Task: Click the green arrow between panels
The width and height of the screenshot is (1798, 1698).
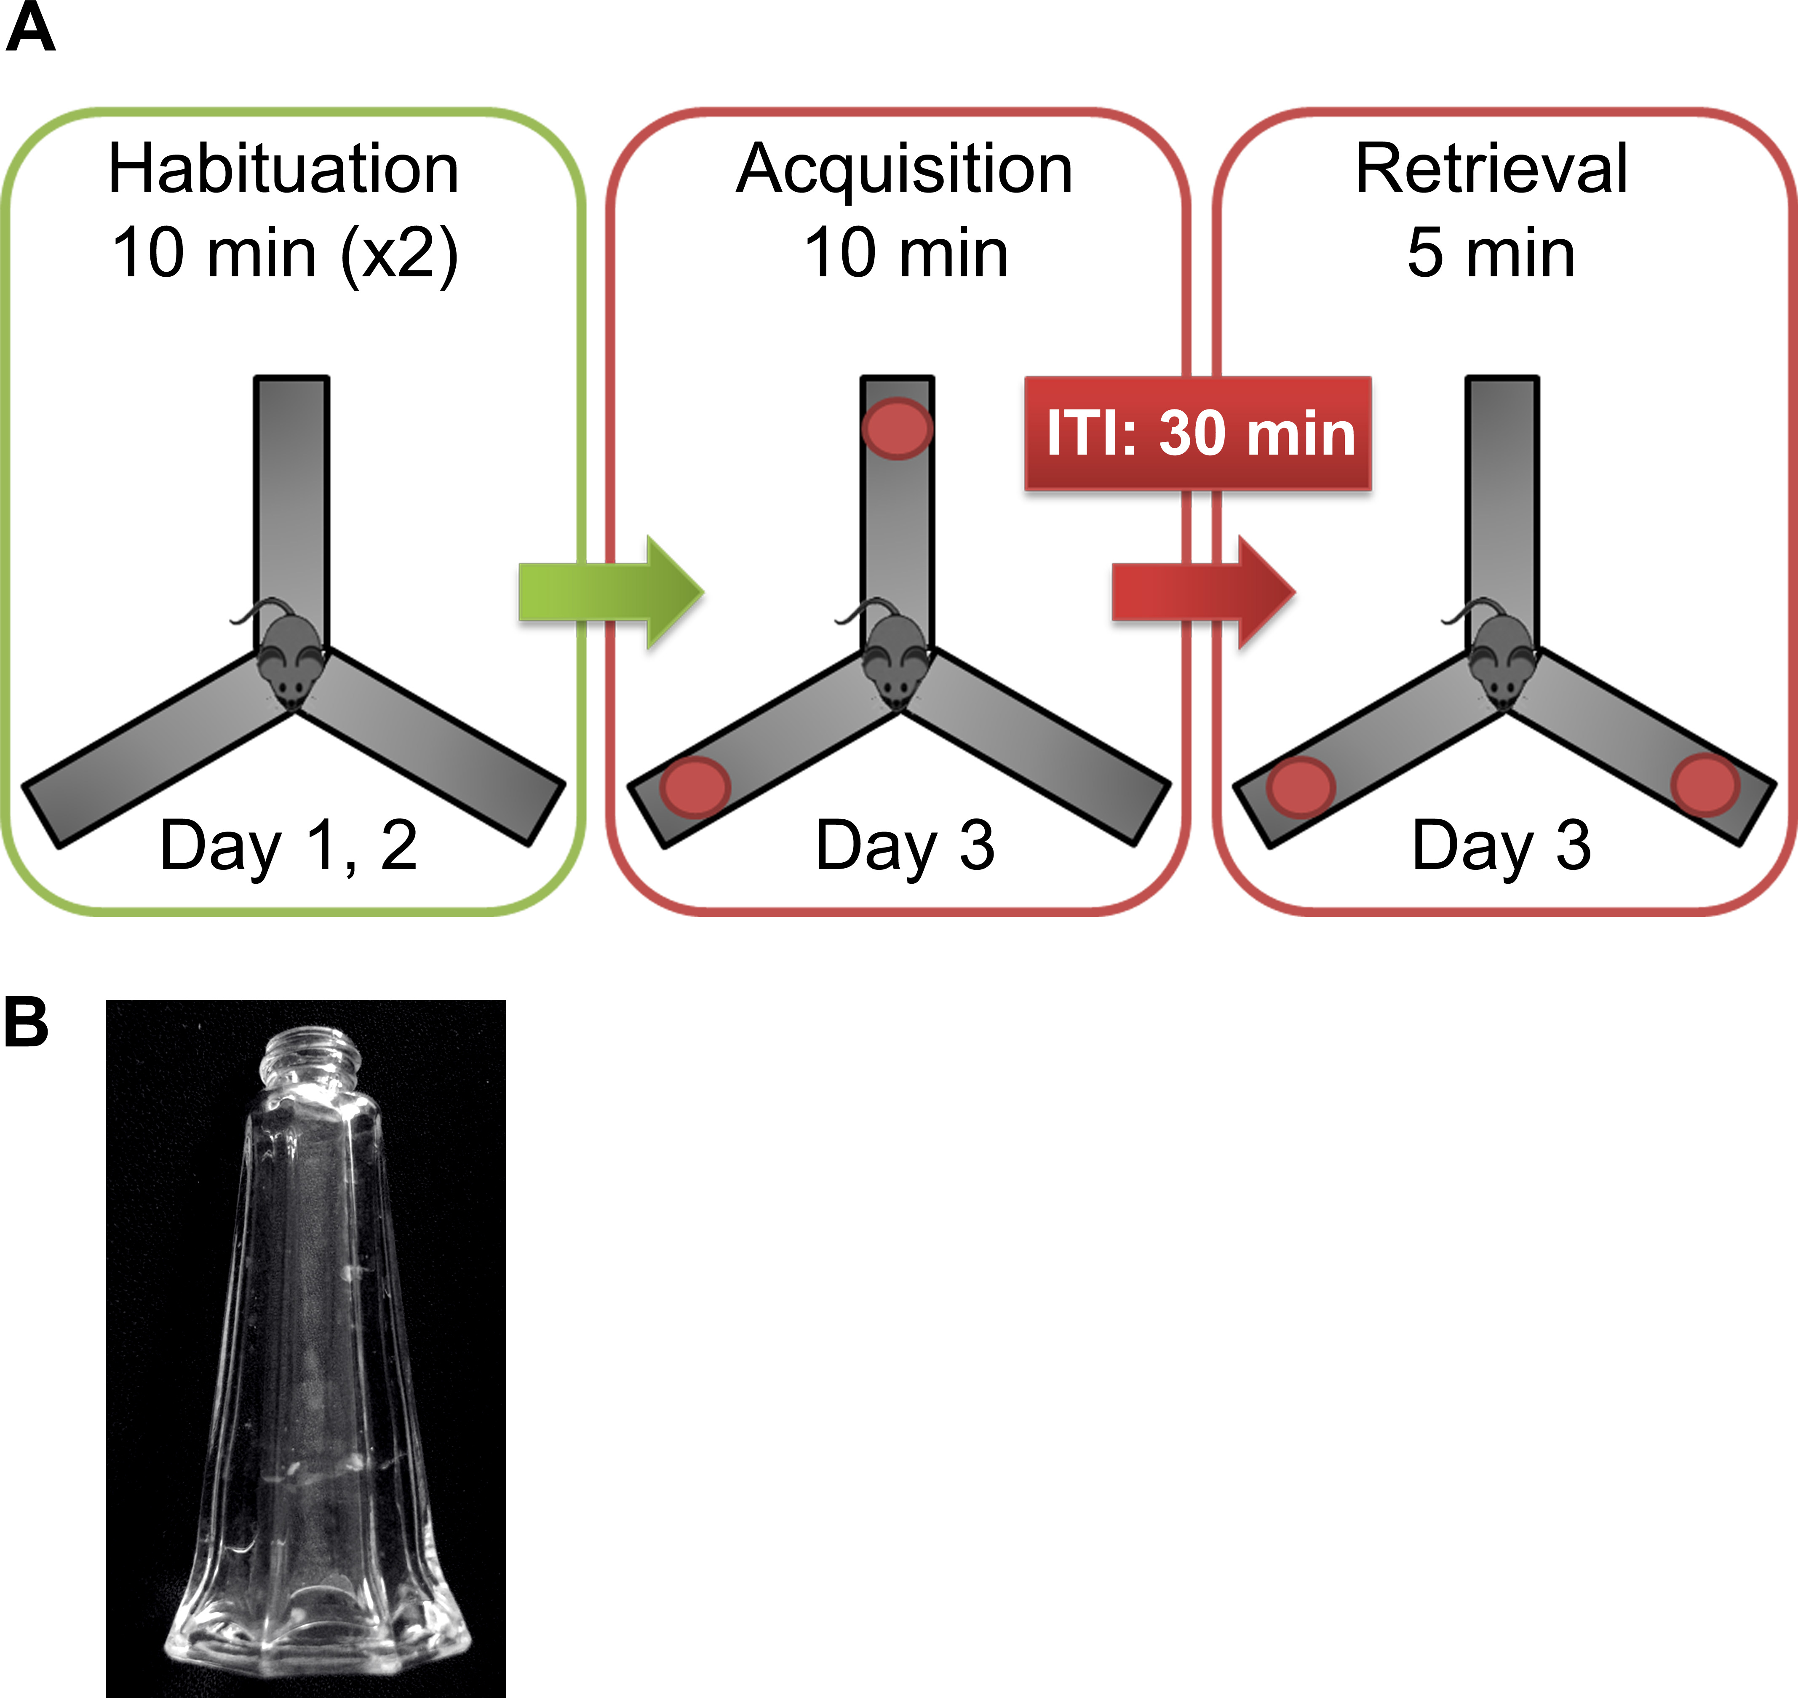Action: [611, 592]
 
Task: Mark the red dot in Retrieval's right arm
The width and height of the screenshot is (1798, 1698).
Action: [1705, 785]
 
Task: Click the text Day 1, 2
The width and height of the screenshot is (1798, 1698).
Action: [288, 845]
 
